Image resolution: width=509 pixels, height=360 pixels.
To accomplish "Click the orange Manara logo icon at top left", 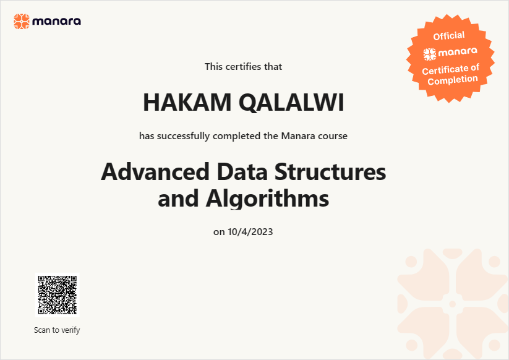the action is coord(22,22).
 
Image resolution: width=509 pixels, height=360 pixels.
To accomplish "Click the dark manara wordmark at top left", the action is coord(56,22).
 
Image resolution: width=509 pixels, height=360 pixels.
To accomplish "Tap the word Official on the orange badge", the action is coord(449,36).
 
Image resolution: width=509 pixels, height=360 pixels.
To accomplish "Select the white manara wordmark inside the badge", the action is coord(458,51).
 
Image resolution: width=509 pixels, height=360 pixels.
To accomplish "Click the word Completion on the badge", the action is coord(453,80).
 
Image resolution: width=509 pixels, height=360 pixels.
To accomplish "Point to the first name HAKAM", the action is coord(187,102).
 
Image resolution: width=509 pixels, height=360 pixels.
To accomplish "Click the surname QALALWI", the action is coord(291,103).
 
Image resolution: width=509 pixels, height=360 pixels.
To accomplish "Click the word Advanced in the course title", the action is coord(155,172).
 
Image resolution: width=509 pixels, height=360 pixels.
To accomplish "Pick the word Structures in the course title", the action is coord(330,172).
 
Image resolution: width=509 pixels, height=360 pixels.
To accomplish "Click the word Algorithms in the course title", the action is coord(267,199).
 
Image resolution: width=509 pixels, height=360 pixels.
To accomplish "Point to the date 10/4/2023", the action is coord(250,232).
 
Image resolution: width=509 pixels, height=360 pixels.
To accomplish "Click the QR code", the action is coord(57,295).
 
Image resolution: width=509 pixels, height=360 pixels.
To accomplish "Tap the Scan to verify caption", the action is coord(57,330).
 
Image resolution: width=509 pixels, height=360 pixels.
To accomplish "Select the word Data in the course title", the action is coord(242,172).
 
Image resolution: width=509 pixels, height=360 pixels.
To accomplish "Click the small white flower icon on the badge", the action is coord(430,54).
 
